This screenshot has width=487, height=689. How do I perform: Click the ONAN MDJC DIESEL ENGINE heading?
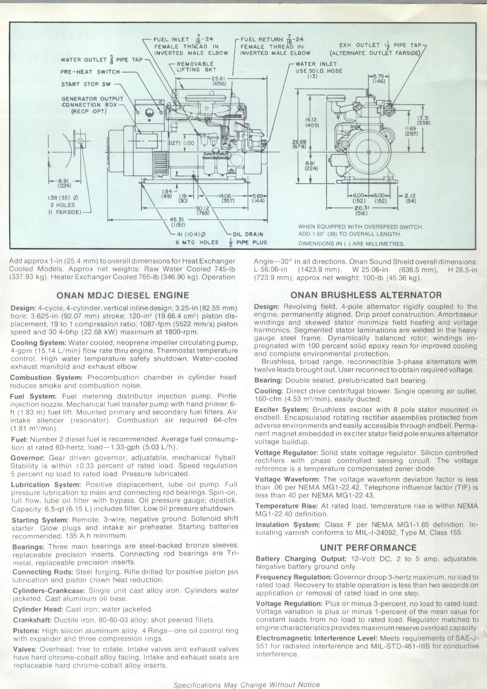(x=123, y=296)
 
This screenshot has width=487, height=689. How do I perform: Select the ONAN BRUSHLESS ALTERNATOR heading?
(x=366, y=295)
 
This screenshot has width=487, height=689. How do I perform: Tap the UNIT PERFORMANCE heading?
(x=368, y=547)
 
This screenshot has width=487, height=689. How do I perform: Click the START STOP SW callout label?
(x=86, y=84)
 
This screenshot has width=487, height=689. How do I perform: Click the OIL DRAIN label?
(x=248, y=234)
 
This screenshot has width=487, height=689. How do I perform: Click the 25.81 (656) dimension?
(x=220, y=81)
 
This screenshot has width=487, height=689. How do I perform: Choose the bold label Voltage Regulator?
(x=286, y=453)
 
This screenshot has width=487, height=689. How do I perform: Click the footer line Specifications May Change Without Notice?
(x=246, y=685)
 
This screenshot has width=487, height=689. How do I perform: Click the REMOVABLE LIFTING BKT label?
(x=195, y=66)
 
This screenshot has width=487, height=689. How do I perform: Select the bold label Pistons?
(x=25, y=630)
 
